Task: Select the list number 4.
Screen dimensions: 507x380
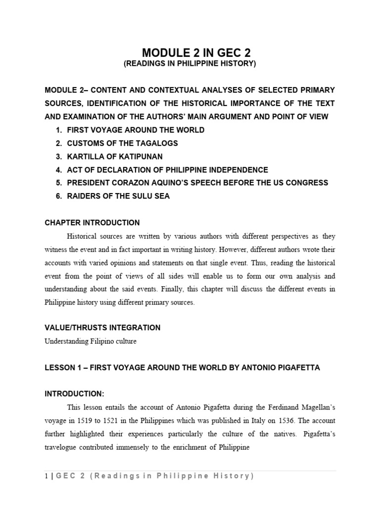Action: point(58,170)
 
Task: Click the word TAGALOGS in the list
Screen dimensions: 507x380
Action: point(154,143)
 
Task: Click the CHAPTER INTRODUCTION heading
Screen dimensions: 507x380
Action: point(92,223)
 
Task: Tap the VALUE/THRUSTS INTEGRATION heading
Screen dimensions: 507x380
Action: point(102,328)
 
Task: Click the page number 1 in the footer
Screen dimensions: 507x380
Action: point(47,476)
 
